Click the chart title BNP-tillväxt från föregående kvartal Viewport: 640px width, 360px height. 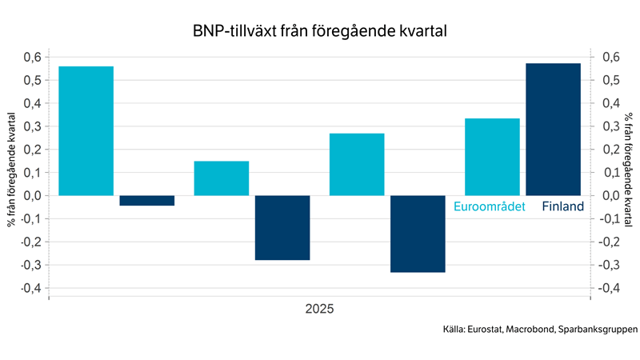point(319,31)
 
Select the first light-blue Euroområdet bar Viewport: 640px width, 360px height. point(86,130)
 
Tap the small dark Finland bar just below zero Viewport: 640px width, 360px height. point(147,201)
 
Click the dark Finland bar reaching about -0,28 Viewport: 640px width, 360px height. point(282,228)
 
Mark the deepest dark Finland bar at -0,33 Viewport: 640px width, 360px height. point(418,234)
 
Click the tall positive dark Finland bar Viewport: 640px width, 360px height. point(553,129)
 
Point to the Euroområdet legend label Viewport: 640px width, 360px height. point(490,206)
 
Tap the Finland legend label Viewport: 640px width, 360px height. point(562,206)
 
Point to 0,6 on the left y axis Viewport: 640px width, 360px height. point(31,58)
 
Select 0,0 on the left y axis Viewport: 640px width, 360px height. point(31,196)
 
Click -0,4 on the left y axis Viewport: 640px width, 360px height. point(30,288)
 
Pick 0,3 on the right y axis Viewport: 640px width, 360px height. point(610,126)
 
